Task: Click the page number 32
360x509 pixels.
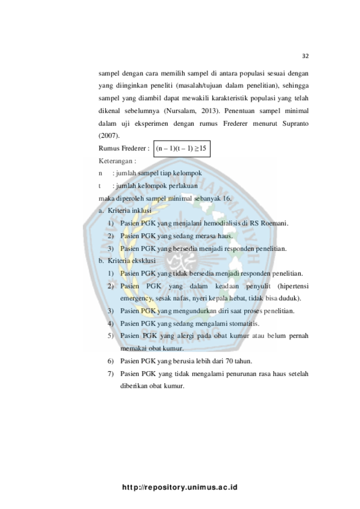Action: (x=305, y=56)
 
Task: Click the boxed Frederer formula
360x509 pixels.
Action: (x=182, y=148)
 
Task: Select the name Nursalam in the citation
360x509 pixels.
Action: (x=180, y=111)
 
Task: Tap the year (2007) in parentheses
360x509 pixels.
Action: (x=109, y=136)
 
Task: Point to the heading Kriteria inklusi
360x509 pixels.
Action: (x=130, y=210)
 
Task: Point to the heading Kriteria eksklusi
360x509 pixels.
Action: (x=131, y=261)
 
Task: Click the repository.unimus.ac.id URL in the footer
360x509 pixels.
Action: (x=180, y=487)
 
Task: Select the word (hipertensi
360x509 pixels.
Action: (x=293, y=286)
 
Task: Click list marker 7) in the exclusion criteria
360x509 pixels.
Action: (x=111, y=374)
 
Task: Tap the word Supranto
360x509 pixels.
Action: (x=295, y=124)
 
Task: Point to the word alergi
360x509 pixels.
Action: (x=186, y=336)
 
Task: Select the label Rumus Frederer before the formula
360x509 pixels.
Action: (x=124, y=148)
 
